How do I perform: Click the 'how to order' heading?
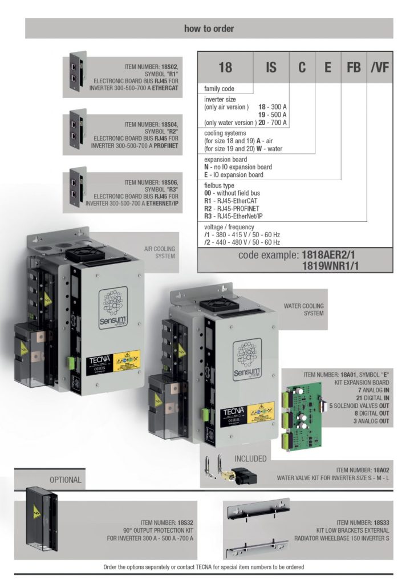tap(209, 29)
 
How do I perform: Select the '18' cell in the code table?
tap(225, 67)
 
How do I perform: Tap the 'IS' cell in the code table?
tap(271, 67)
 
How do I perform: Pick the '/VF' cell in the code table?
tap(379, 67)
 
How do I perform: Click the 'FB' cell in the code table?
tap(354, 67)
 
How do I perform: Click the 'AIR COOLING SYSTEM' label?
tap(159, 253)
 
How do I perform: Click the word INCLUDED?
tap(250, 458)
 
